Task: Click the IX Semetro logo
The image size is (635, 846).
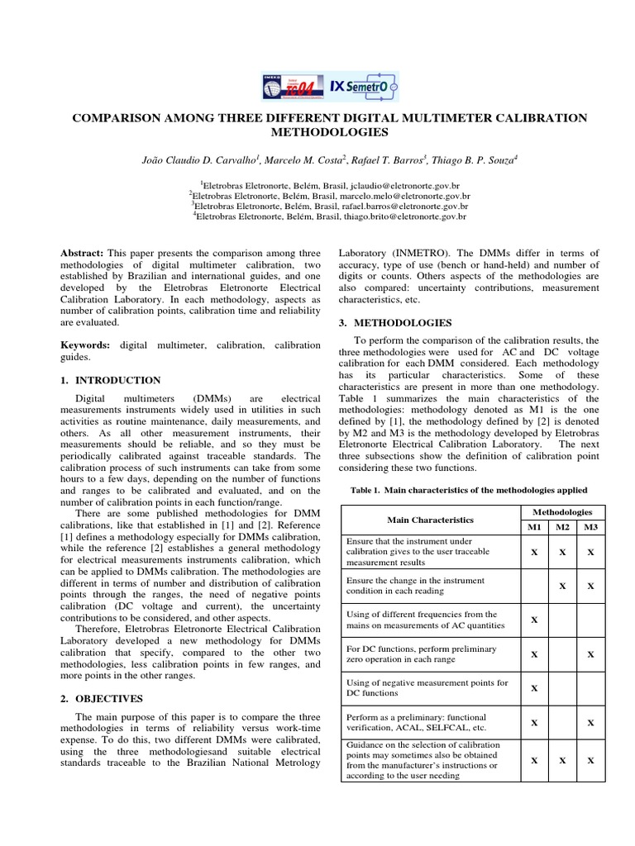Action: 363,85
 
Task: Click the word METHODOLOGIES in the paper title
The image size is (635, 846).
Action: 330,132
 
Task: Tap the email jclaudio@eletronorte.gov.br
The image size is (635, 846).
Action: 403,188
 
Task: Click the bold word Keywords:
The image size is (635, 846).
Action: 88,344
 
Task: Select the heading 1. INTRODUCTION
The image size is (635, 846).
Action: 112,380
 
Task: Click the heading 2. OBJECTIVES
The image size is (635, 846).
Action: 103,698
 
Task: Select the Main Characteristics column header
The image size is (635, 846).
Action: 430,520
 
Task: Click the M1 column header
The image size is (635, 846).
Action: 534,526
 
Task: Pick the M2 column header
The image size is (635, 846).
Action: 562,526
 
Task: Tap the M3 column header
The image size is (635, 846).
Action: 590,526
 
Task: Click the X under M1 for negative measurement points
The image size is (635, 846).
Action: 534,688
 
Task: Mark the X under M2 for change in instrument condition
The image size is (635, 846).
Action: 562,585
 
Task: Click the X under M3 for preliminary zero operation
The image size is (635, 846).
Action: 590,654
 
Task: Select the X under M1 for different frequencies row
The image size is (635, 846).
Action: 534,619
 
